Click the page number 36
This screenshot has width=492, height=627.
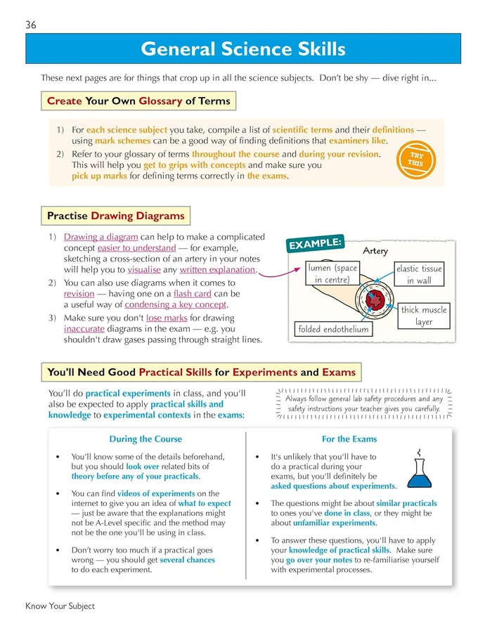point(30,25)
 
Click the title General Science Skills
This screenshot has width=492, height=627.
point(243,49)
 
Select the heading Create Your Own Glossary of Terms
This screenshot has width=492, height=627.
point(138,101)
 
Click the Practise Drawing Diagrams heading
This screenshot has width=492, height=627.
point(116,215)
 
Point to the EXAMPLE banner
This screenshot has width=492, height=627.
point(314,243)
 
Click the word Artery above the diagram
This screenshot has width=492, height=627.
point(375,251)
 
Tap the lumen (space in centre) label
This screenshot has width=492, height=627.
point(333,274)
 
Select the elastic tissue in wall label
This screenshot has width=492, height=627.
point(418,274)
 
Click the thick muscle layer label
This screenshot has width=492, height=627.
point(423,316)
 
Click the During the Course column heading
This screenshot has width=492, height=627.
point(145,439)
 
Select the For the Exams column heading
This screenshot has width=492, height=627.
point(349,439)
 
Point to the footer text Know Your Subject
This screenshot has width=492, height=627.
point(60,605)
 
